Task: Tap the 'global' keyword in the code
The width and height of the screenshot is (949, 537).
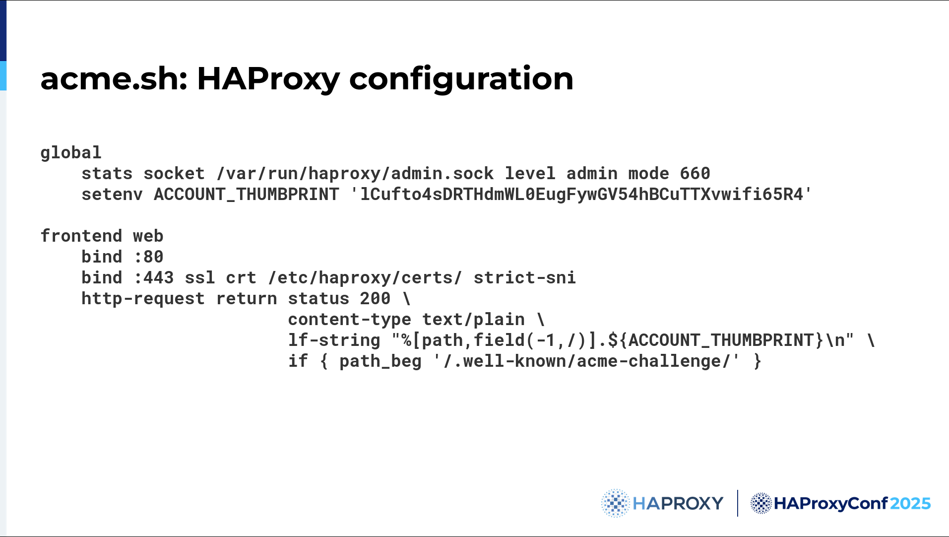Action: coord(71,153)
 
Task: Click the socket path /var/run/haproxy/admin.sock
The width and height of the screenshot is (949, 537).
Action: coord(355,174)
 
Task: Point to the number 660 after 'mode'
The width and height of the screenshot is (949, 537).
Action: coord(695,174)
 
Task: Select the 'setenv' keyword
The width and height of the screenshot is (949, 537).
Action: coord(112,195)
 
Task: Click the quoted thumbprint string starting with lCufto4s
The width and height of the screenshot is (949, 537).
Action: coord(581,195)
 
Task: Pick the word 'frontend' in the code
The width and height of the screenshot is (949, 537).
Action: coord(81,236)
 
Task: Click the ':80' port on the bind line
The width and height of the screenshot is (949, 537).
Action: coord(148,257)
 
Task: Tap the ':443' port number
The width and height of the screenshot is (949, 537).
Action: coord(154,278)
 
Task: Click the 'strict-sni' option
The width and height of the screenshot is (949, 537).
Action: coord(524,278)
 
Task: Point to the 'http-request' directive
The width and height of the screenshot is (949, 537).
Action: coord(143,299)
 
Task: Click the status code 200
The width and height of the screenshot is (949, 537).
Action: coord(375,299)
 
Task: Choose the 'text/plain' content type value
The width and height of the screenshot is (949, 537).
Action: coord(473,320)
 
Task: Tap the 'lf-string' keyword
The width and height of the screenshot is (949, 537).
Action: coord(334,340)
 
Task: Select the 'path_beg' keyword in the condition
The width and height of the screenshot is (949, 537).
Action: coord(380,361)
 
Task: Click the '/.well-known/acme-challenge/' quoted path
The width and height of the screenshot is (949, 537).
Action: coord(586,361)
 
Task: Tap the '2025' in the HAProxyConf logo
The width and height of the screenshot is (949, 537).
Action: coord(910,504)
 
